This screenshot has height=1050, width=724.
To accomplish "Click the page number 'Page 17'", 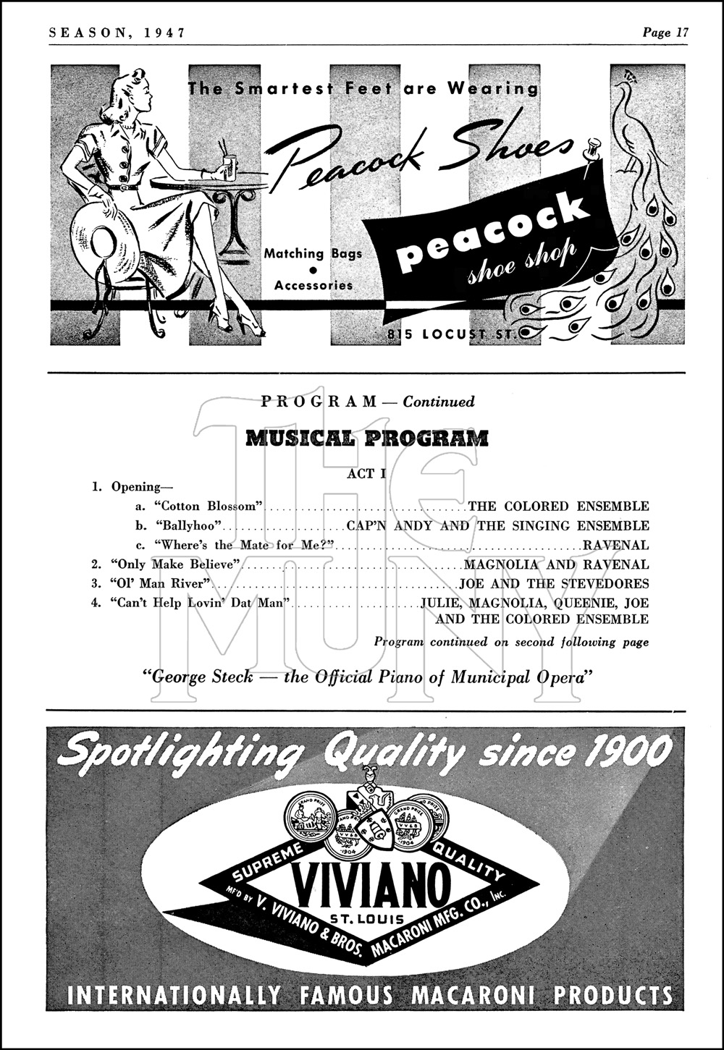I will coord(665,32).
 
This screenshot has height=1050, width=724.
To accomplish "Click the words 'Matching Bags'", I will coord(313,253).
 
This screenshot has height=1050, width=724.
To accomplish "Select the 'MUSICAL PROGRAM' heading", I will coord(368,439).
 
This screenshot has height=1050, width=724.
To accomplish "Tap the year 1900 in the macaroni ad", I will coord(628,752).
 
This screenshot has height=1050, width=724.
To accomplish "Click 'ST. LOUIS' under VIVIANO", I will coord(368,918).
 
